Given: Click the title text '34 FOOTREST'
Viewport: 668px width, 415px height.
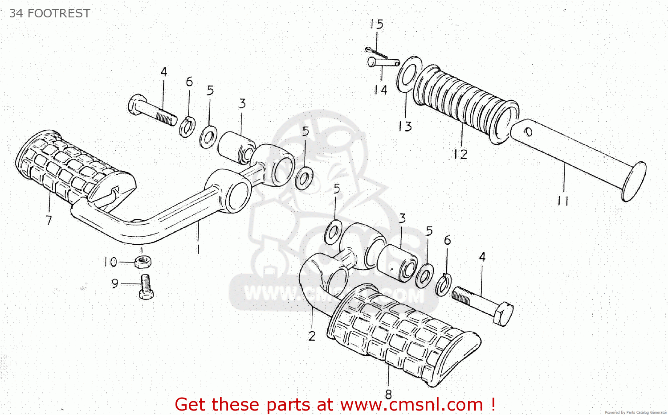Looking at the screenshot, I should point(49,13).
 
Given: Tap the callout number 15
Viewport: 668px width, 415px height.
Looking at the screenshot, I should point(376,24).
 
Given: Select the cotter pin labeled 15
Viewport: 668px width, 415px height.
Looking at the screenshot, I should point(376,53).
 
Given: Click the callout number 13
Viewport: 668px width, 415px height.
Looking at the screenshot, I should point(405,127).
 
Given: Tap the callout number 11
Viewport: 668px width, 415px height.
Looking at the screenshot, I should point(563,201).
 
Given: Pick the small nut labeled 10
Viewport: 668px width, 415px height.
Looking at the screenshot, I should point(143,261).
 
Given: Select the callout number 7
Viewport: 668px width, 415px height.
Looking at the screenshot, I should point(49,220).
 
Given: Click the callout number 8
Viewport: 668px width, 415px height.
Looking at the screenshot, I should point(388,394).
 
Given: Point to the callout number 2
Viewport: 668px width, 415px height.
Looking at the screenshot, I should point(312,336).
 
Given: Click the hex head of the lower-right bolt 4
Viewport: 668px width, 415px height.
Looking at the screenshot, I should point(503,313).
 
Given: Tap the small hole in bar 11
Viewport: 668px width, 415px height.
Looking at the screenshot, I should point(529,132).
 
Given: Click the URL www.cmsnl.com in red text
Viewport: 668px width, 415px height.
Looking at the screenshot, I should point(411,404).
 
